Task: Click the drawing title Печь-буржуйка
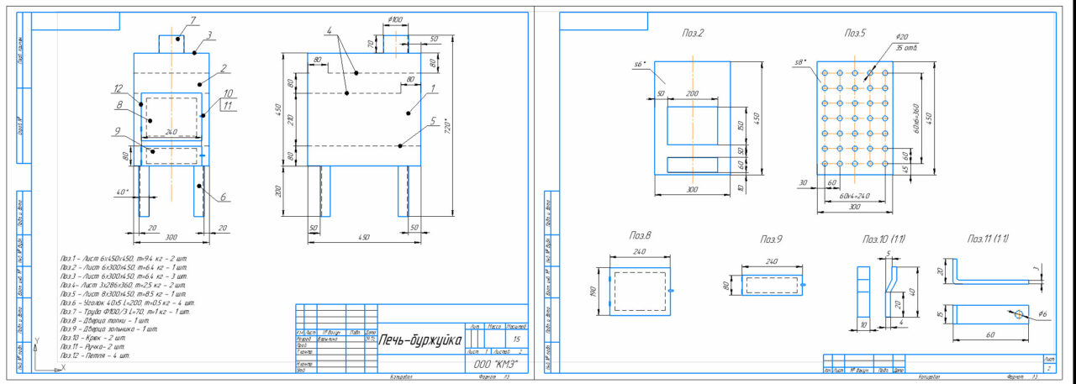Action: [420, 340]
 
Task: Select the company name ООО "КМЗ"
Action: [495, 366]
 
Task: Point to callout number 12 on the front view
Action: [119, 88]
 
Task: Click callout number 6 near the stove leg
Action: [222, 197]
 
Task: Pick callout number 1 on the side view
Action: [432, 87]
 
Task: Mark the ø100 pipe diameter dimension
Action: [394, 19]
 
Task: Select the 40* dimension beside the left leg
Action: [122, 192]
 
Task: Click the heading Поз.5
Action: [855, 33]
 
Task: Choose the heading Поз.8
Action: [641, 237]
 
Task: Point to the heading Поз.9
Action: [772, 239]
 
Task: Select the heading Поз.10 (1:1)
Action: [883, 239]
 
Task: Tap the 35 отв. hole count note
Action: [907, 48]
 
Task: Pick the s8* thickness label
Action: [800, 61]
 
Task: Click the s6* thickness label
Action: [638, 63]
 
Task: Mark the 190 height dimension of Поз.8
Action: [593, 291]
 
